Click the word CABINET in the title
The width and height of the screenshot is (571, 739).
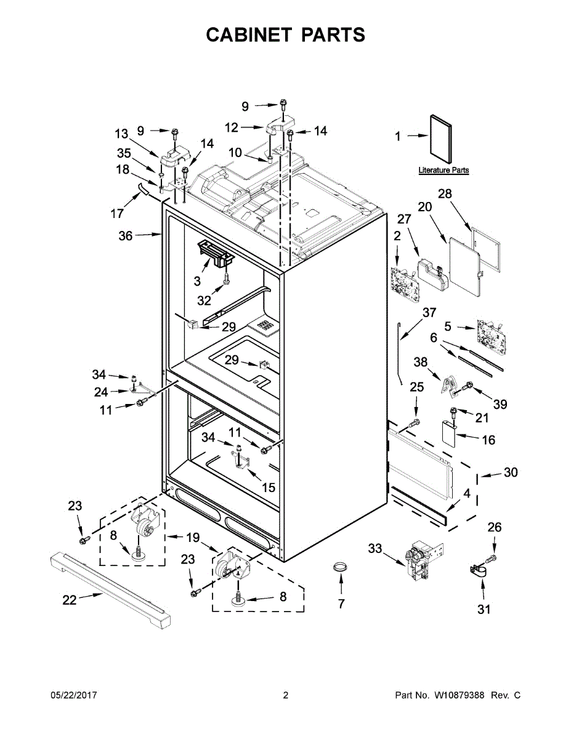(x=249, y=35)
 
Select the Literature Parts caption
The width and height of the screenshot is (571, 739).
(x=443, y=170)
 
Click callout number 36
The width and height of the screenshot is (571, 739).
(x=125, y=235)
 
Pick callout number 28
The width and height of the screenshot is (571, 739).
(x=445, y=194)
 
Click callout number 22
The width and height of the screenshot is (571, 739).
(x=70, y=600)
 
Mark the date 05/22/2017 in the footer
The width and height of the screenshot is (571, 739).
(x=73, y=695)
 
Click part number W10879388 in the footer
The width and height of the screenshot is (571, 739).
(x=459, y=695)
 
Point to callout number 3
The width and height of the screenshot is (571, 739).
(x=197, y=281)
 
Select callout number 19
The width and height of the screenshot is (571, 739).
(x=193, y=538)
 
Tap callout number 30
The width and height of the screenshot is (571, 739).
(x=511, y=473)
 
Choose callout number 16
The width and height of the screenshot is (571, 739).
(x=488, y=440)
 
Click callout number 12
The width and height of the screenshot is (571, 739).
(x=232, y=127)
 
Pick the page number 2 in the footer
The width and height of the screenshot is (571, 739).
(x=285, y=695)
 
